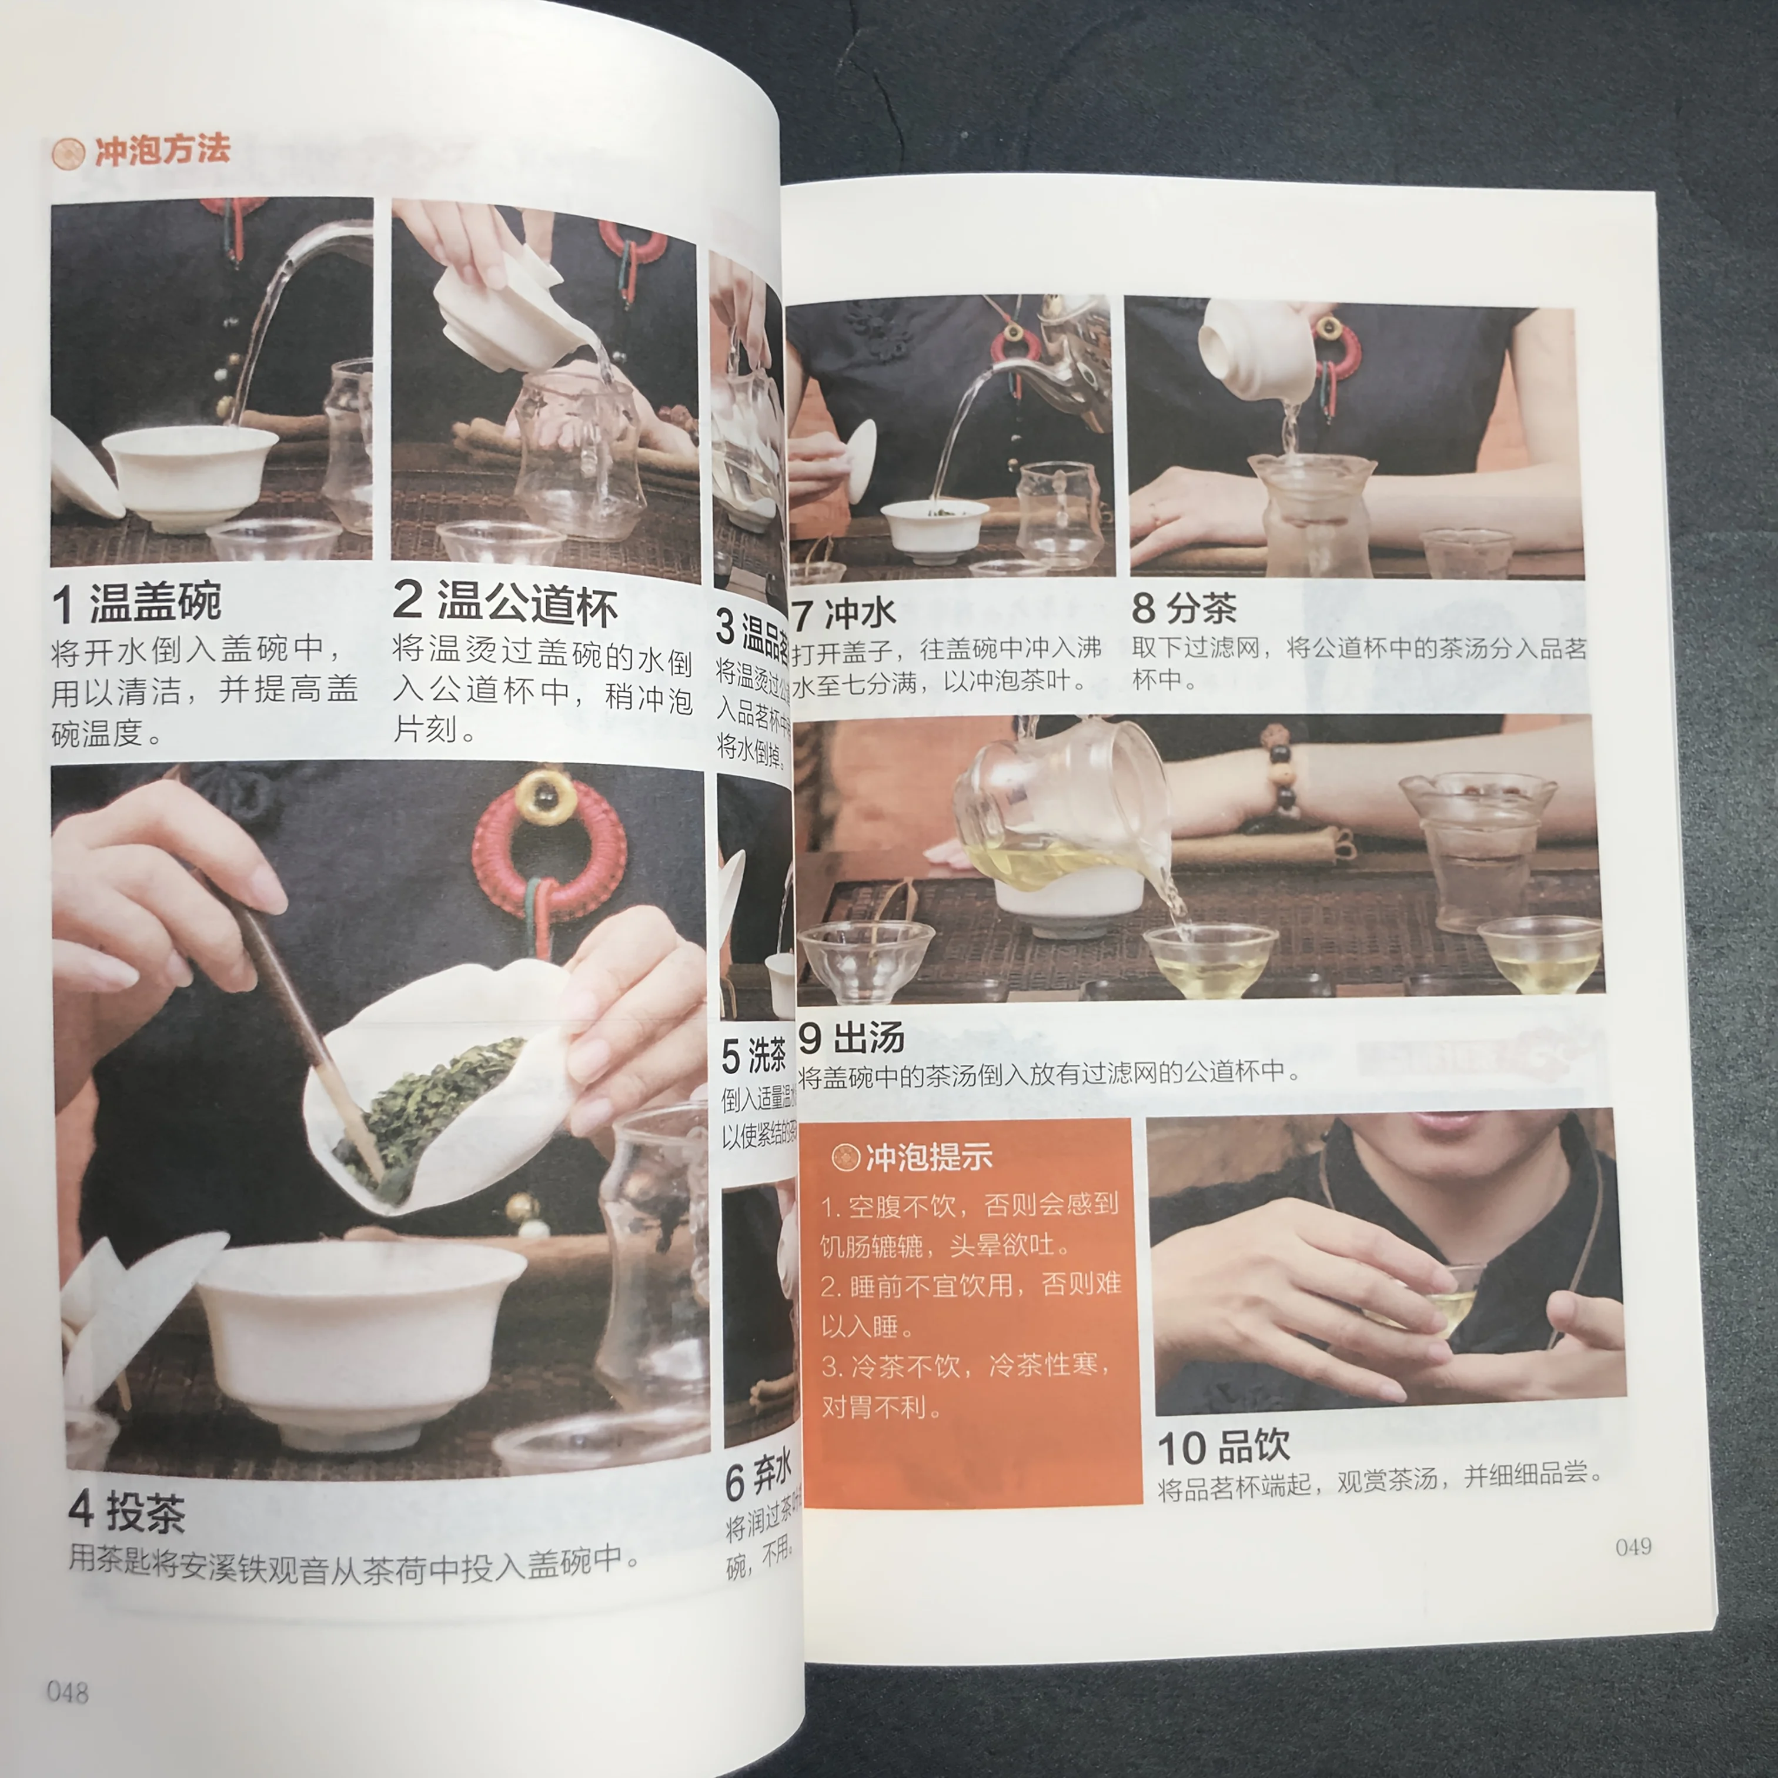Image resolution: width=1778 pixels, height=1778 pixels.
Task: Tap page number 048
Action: (x=67, y=1692)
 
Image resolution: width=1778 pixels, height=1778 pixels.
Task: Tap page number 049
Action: (x=1633, y=1547)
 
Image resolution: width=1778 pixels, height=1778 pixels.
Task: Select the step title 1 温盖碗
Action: (x=136, y=603)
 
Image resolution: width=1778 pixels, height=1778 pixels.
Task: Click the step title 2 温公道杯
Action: (x=504, y=603)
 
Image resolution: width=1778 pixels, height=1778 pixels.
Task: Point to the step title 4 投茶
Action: (x=127, y=1512)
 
